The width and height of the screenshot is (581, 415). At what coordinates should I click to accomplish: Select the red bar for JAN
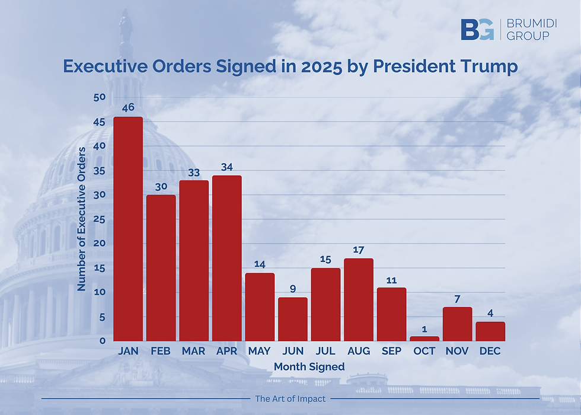(128, 228)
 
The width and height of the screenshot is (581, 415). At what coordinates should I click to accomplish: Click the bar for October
(424, 339)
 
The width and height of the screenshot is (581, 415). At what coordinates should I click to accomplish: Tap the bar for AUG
(359, 299)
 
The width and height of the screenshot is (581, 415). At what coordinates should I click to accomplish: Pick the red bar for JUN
(293, 319)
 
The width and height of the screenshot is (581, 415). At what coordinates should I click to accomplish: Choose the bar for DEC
(490, 331)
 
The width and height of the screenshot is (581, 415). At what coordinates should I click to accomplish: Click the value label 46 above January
(128, 108)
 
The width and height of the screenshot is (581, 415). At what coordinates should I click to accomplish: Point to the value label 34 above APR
(226, 166)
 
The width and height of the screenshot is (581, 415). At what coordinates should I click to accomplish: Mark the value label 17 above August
(359, 250)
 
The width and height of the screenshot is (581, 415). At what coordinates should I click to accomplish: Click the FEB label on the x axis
(161, 352)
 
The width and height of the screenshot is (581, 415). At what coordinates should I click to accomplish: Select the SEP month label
(391, 352)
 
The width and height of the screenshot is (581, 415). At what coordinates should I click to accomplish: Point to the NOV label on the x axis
(457, 352)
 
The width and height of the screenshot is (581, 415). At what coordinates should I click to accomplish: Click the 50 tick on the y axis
(100, 97)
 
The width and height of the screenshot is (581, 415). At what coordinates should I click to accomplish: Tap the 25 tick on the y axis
(100, 219)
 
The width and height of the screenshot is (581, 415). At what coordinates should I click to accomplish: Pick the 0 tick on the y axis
(102, 341)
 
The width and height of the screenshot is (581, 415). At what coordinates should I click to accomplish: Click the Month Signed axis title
(309, 367)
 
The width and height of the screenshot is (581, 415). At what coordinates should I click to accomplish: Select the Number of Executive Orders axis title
(82, 219)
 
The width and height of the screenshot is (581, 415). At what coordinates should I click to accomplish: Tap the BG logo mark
(477, 29)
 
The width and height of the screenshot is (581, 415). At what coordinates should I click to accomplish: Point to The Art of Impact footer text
(290, 399)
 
